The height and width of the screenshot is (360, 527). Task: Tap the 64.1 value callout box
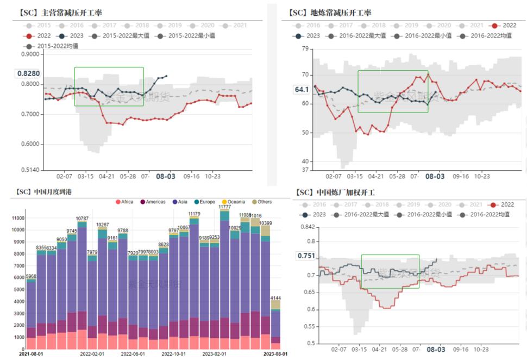tap(302, 90)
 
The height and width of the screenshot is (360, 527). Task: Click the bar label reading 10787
tap(82, 218)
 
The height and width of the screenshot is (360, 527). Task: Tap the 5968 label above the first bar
tap(32, 276)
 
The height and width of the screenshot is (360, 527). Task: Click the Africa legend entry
tap(124, 202)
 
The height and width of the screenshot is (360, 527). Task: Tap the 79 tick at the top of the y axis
tap(305, 49)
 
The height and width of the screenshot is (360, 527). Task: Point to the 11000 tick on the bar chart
tap(17, 218)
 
